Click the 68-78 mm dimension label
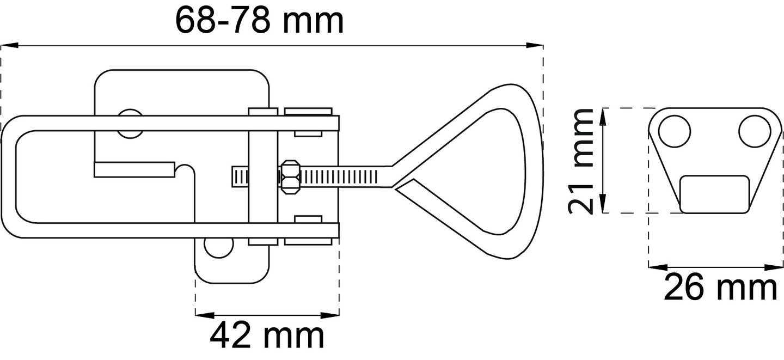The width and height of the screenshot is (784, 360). (x=259, y=21)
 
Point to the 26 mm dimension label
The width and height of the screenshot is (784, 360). (x=720, y=288)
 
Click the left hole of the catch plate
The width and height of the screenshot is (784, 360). (x=675, y=131)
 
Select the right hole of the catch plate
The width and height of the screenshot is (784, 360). (x=755, y=131)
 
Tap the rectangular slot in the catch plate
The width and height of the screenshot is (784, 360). (x=714, y=194)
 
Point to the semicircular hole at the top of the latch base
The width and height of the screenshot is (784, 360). (x=131, y=123)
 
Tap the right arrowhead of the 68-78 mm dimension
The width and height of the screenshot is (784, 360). (x=537, y=45)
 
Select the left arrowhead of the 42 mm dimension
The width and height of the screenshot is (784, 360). (x=202, y=314)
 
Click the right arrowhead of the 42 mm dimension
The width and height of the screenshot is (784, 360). (x=333, y=314)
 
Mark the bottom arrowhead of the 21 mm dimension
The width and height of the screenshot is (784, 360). (x=603, y=206)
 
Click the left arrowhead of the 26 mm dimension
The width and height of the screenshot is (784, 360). (x=655, y=267)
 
